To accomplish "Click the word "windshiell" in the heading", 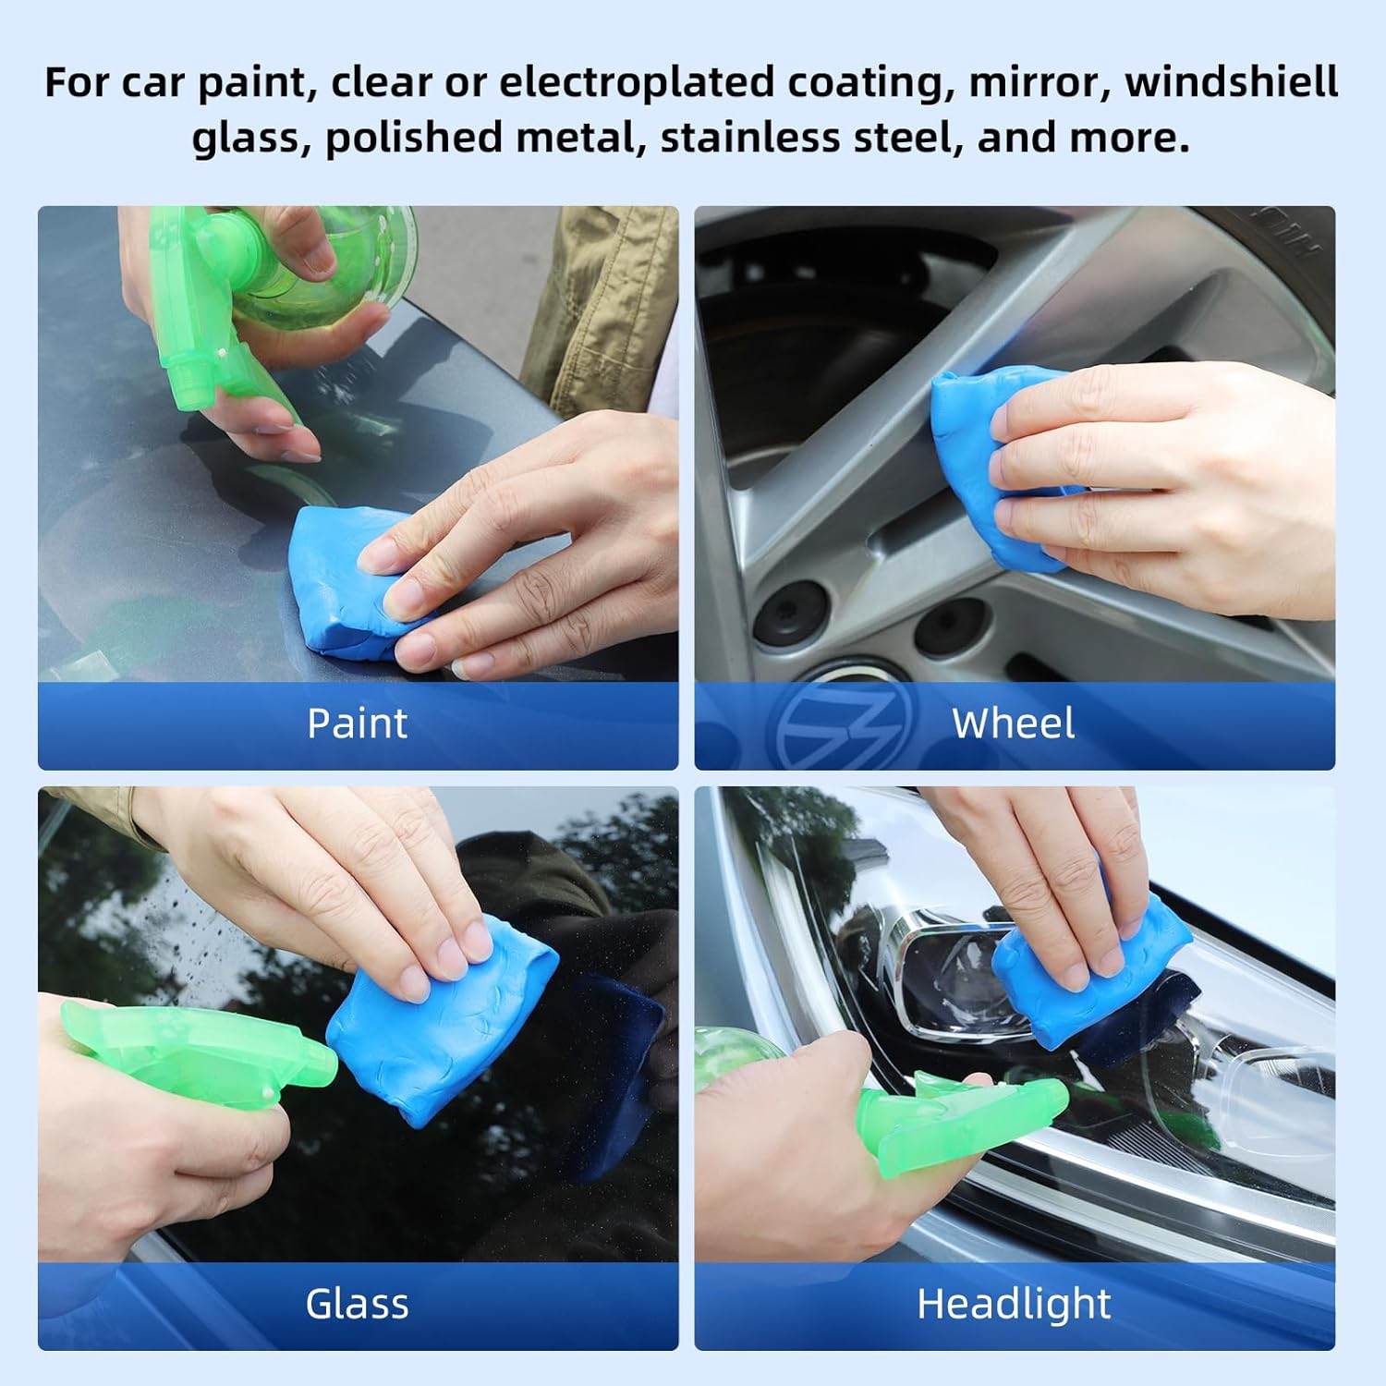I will click(x=1231, y=82).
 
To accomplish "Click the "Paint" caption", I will click(x=357, y=723).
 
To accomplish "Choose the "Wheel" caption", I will click(x=1014, y=723).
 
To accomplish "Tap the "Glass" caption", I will click(x=357, y=1304).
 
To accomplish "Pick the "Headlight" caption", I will click(x=1014, y=1304).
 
